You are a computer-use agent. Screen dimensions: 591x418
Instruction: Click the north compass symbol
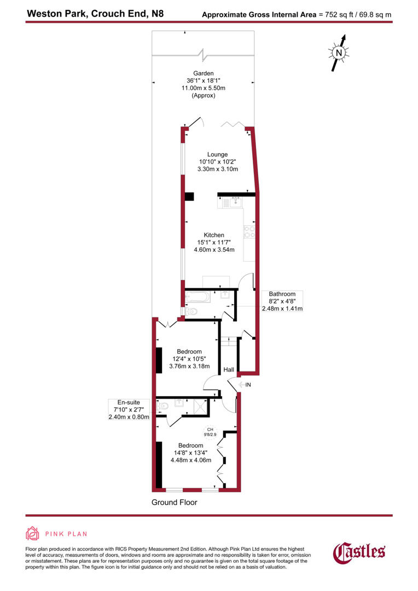pos(339,53)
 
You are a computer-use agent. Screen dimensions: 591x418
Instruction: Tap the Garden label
pos(203,73)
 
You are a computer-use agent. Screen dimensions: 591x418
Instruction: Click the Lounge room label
pos(217,154)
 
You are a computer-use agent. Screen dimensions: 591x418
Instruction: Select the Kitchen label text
pos(214,235)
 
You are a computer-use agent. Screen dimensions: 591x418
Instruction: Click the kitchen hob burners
pos(250,232)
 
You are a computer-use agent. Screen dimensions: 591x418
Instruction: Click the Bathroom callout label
pos(282,294)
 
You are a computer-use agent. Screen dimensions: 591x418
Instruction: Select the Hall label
pos(229,370)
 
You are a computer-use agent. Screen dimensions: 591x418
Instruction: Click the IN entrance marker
pos(248,385)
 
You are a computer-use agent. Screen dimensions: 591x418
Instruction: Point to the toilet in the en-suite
pos(162,407)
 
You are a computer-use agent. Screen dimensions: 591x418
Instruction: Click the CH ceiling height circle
pos(210,432)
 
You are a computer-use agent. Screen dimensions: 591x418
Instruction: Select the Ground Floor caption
pos(174,502)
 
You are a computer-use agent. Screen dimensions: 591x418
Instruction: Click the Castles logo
pos(359,552)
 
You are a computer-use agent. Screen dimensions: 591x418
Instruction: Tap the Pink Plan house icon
pos(33,534)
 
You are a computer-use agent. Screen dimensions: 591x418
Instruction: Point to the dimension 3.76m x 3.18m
pos(189,367)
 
